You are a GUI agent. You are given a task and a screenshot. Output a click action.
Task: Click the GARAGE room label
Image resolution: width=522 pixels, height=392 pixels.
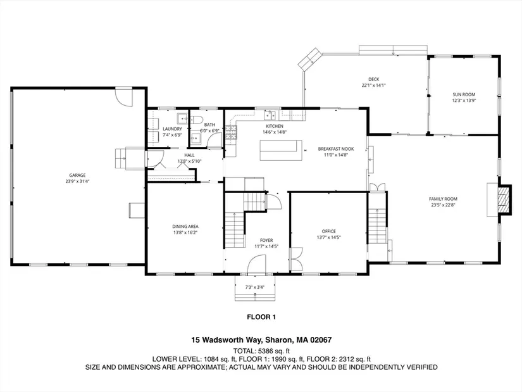(x=77, y=175)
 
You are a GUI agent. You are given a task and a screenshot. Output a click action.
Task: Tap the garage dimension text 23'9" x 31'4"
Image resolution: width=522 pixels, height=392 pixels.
(x=78, y=181)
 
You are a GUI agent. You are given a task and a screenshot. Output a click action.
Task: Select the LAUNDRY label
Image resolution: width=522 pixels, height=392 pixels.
(x=173, y=129)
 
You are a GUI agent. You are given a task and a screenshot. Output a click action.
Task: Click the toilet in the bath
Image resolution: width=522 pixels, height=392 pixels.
(x=197, y=120)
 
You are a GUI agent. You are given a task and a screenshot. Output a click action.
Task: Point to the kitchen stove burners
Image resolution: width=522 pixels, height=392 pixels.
(x=231, y=132)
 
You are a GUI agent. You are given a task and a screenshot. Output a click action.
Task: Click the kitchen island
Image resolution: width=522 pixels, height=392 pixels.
(x=281, y=150)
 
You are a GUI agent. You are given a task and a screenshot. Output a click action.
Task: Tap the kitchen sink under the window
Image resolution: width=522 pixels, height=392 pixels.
(x=270, y=116)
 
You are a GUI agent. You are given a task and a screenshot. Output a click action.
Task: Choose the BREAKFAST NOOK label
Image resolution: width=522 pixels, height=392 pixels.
(x=336, y=149)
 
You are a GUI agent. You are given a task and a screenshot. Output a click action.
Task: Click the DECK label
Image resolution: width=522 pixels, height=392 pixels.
(x=373, y=79)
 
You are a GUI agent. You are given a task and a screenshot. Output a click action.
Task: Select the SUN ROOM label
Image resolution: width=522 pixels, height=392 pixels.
(x=464, y=94)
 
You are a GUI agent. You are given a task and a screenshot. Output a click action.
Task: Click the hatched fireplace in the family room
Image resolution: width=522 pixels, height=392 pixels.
(x=504, y=199)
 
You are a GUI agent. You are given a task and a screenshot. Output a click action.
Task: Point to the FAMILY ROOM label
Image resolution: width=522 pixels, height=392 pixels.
(x=443, y=199)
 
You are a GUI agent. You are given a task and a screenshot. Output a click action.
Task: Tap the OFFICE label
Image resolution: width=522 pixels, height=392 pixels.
(x=328, y=231)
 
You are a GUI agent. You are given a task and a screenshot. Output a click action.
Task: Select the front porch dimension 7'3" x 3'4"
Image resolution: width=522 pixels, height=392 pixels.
(x=255, y=287)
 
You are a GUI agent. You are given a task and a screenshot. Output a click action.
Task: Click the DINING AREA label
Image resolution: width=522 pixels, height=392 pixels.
(x=185, y=227)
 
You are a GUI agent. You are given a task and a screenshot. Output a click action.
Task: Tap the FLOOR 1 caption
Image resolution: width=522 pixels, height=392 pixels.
(x=261, y=317)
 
